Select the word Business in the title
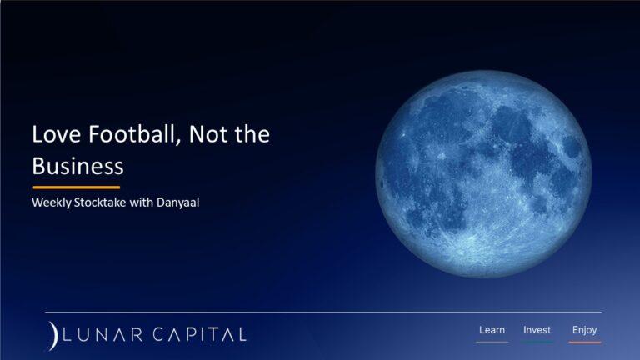(77, 165)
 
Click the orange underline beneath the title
(76, 187)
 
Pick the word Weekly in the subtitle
(52, 202)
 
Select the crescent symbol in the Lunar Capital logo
(52, 333)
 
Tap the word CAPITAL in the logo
(197, 334)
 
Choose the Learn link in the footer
(492, 330)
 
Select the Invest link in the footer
(537, 330)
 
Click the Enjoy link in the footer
(584, 330)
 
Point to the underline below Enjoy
(584, 342)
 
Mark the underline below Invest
(537, 342)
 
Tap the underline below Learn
(492, 342)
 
